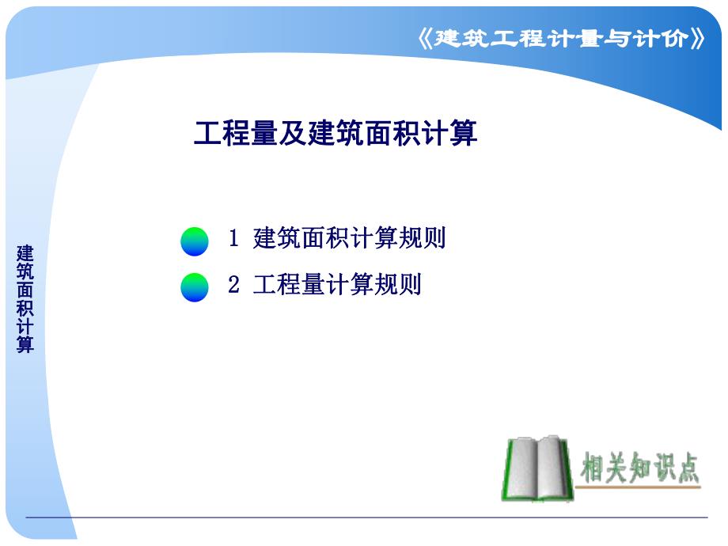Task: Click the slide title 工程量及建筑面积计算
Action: pos(336,134)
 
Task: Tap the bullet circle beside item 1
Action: pos(195,241)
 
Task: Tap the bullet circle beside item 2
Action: pos(195,287)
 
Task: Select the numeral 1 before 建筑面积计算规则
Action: pos(233,238)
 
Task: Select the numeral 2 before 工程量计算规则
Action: pos(233,285)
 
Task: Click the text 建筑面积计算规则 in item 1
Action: pos(349,238)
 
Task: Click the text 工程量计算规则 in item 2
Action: pos(337,285)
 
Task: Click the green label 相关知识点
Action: pos(641,468)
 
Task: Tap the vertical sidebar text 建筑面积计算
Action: pos(26,299)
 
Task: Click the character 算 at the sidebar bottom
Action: pos(26,345)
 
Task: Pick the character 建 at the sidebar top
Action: pos(26,253)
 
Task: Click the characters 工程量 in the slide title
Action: pos(236,134)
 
